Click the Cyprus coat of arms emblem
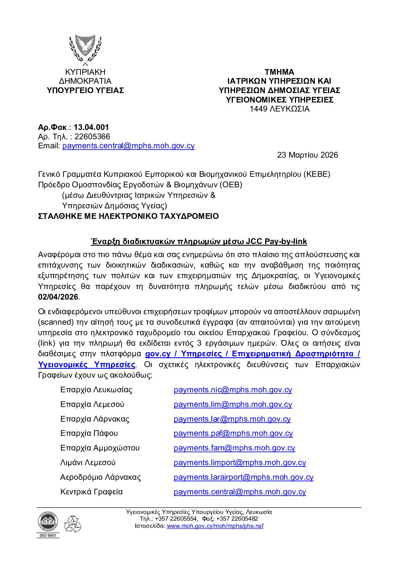point(85,49)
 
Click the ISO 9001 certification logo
point(48,524)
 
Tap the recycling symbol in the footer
point(72,524)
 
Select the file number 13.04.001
point(91,127)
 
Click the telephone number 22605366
point(92,137)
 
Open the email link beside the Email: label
point(128,146)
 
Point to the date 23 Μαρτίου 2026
point(307,155)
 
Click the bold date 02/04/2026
point(58,297)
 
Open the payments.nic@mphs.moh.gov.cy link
point(233,390)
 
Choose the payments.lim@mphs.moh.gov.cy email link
point(233,404)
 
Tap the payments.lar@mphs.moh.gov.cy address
point(232,419)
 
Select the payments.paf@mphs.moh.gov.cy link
point(233,433)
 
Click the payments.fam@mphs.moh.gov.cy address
point(234,448)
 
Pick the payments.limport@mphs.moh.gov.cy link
point(240,463)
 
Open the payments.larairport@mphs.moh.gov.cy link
point(243,477)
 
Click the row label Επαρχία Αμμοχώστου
point(100,448)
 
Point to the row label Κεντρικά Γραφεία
point(91,492)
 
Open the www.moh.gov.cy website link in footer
point(215,526)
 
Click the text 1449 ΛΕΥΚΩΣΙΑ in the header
point(279,109)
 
